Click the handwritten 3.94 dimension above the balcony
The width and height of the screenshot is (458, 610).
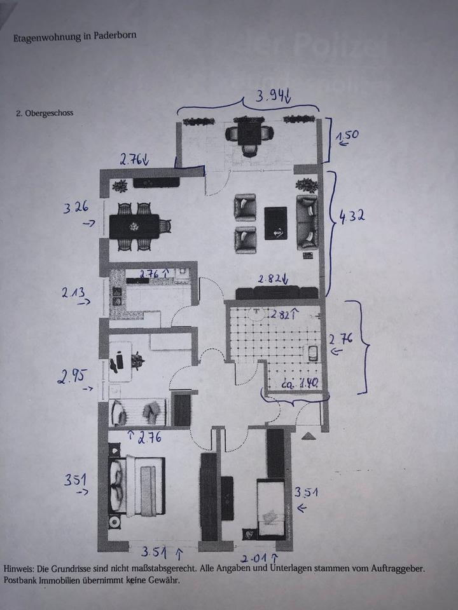272,98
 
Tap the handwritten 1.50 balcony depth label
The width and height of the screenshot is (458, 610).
346,137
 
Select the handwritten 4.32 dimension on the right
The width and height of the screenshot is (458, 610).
350,215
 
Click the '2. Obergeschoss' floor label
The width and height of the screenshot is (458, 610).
45,113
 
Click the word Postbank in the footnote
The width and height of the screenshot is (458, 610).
21,580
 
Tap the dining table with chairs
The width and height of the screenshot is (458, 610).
135,227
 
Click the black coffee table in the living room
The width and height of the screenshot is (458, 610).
275,223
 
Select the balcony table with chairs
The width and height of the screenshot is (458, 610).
249,135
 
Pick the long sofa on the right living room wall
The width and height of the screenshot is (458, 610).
308,222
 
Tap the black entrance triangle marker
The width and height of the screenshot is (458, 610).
308,435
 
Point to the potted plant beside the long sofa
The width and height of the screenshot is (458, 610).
308,185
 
